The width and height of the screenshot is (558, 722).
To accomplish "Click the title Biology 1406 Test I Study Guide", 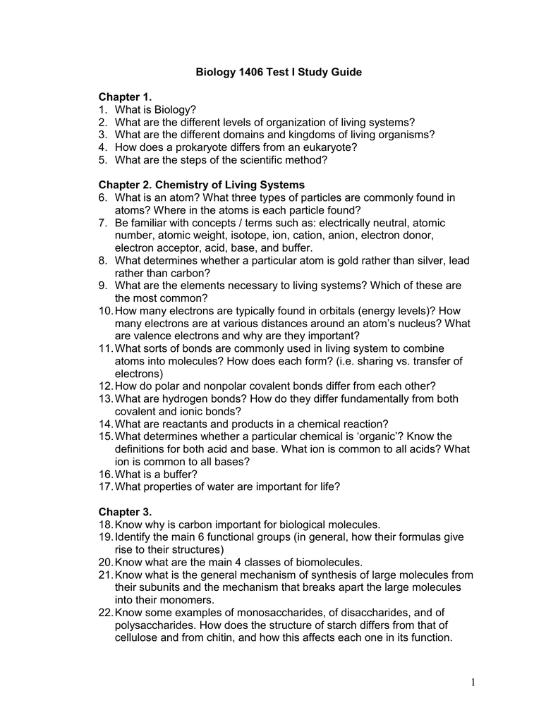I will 279,73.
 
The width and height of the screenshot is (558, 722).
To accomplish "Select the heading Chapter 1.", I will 125,96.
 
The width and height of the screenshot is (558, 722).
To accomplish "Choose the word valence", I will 155,336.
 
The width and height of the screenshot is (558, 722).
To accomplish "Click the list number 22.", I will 106,613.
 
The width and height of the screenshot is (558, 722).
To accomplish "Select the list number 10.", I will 106,311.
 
